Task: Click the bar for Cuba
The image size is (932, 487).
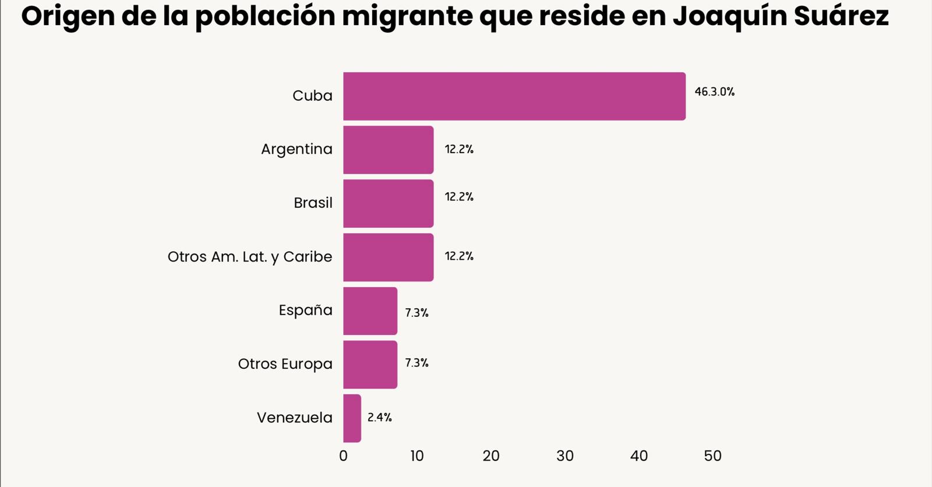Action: tap(514, 96)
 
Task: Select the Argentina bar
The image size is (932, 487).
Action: tap(388, 150)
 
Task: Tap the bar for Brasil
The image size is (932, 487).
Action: tap(388, 203)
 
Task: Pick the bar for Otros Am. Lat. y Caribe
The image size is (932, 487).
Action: tap(388, 257)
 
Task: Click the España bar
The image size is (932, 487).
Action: tap(370, 310)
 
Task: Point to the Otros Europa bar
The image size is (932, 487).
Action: tap(370, 364)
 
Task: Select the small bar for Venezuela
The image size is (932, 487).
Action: tap(352, 418)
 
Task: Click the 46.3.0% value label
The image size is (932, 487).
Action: tap(714, 92)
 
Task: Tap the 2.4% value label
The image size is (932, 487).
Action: tap(379, 417)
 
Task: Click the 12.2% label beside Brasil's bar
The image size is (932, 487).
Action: tap(459, 197)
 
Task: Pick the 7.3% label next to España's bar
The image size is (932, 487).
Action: tap(416, 313)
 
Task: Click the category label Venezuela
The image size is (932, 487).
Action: tap(294, 418)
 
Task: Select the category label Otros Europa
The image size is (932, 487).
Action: tap(285, 364)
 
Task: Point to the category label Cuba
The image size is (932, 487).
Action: tap(312, 96)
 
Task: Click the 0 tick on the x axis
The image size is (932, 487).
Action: tap(343, 456)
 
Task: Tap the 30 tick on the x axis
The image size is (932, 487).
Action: tap(564, 456)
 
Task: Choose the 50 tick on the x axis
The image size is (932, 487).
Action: tap(712, 456)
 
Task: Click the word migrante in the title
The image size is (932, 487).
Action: tap(407, 17)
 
